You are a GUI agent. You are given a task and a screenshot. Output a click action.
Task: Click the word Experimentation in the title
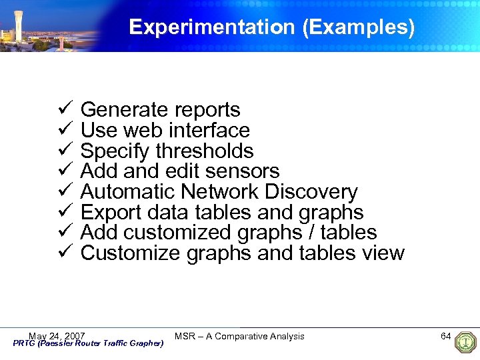[x=211, y=27]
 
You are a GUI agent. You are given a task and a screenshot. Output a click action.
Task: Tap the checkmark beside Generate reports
[x=65, y=109]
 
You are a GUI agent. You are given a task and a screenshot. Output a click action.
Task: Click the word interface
[x=209, y=130]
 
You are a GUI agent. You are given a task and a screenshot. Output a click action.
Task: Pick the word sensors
[x=243, y=171]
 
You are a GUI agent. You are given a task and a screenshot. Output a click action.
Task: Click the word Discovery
[x=311, y=192]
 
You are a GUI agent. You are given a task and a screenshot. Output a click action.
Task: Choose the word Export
[x=113, y=213]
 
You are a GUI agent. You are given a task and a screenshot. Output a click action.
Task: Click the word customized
[x=178, y=233]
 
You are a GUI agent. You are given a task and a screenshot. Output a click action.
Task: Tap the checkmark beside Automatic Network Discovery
[x=65, y=191]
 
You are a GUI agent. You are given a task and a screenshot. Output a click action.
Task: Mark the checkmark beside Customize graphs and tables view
[x=65, y=253]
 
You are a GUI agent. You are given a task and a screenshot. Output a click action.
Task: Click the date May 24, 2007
[x=57, y=335]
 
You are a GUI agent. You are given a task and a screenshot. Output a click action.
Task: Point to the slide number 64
[x=446, y=336]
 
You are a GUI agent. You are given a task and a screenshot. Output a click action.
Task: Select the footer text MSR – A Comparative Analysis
[x=239, y=336]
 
